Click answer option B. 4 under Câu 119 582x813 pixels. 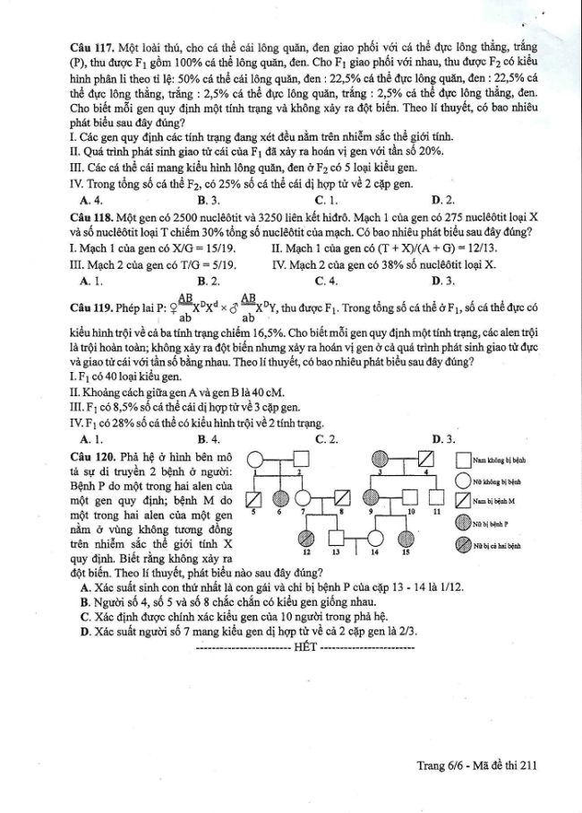click(208, 438)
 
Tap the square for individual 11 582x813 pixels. click(437, 498)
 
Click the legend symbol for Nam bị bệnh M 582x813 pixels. click(462, 501)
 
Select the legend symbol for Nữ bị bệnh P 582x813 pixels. click(462, 523)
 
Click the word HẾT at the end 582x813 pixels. click(304, 646)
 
